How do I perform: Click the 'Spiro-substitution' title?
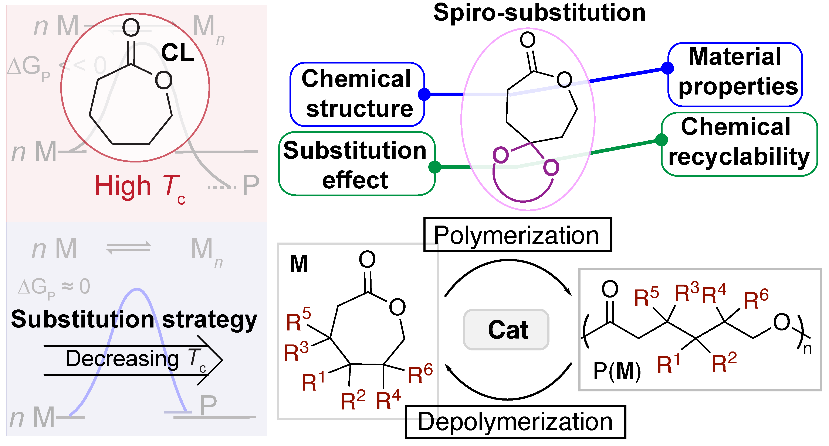click(539, 13)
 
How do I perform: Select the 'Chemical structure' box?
click(357, 94)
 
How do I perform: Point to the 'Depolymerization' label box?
click(515, 422)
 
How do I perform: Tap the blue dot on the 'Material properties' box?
click(668, 68)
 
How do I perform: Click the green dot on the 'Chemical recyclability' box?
click(661, 140)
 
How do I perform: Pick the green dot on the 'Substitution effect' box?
click(434, 167)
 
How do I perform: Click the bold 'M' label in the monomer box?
click(299, 264)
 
